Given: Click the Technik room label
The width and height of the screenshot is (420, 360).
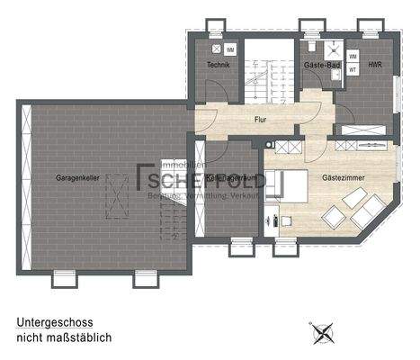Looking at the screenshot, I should (218, 66).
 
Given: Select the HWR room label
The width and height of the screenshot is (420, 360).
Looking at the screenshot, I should (375, 66).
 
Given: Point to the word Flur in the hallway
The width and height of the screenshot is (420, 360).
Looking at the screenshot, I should (261, 119).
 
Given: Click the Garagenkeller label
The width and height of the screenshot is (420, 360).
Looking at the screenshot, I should (76, 177).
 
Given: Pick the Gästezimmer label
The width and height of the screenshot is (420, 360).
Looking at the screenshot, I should (342, 178).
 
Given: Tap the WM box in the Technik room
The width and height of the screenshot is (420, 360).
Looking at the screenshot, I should (231, 49).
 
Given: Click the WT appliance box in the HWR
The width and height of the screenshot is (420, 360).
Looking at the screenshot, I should (353, 68).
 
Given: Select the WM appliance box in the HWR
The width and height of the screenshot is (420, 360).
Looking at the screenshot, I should (353, 55).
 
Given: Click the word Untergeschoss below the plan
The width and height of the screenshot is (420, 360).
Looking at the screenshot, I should (55, 320).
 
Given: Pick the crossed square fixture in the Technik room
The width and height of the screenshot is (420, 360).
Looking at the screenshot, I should (215, 49).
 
